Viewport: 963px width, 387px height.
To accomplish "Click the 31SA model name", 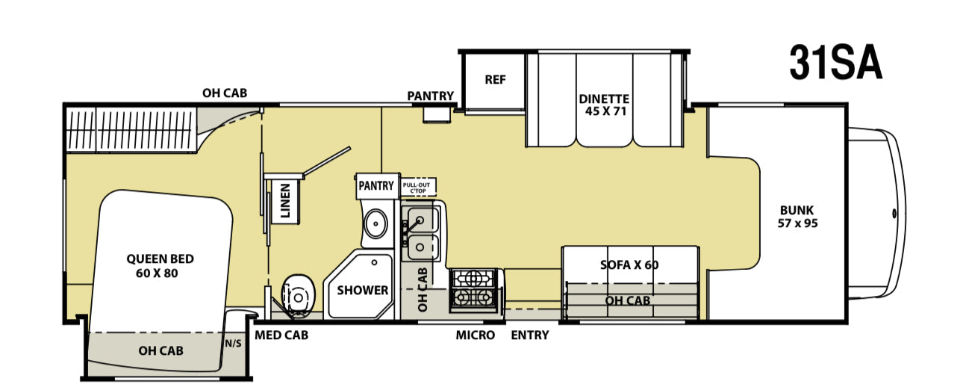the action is click(836, 64).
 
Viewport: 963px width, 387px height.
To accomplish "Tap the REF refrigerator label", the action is click(495, 80).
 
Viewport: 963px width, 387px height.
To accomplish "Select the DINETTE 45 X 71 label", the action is click(604, 105).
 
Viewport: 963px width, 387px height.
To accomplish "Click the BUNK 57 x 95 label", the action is click(797, 217).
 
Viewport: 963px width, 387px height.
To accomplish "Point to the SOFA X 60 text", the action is click(629, 264).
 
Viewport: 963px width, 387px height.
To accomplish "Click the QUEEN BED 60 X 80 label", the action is click(160, 266).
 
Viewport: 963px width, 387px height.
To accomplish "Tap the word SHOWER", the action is click(362, 290).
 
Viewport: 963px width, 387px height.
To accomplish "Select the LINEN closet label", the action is click(285, 201).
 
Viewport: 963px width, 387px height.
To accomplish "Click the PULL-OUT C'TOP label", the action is click(417, 188).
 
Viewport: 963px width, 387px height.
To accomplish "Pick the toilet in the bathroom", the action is click(299, 295).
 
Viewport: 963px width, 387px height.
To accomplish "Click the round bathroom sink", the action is click(375, 224).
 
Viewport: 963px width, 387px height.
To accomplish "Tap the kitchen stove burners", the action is click(473, 290).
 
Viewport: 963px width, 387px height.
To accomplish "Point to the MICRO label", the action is click(476, 335).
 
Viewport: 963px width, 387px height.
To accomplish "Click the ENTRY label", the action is click(530, 335).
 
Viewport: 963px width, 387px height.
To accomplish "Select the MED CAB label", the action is click(281, 335).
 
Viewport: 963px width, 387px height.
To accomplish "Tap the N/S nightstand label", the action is click(233, 344).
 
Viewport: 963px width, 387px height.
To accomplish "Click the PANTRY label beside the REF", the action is click(430, 96).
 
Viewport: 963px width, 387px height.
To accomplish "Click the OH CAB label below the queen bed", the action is click(160, 351).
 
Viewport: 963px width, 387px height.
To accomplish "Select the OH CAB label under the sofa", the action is click(628, 300).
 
